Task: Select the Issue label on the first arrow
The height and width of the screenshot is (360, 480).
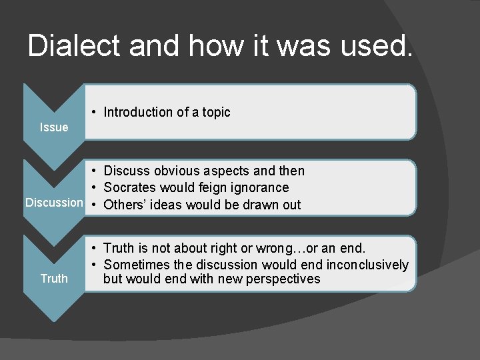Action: [53, 127]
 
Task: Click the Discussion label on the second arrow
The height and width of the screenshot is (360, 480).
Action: [54, 203]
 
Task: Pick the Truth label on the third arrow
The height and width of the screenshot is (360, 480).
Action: [54, 279]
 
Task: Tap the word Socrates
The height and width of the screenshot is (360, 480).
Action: [131, 188]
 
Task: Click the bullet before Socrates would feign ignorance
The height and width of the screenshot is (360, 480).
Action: [96, 188]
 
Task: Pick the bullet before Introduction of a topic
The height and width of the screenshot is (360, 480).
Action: [96, 113]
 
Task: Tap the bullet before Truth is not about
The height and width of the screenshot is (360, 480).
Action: [96, 249]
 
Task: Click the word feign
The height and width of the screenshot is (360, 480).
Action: [205, 188]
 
